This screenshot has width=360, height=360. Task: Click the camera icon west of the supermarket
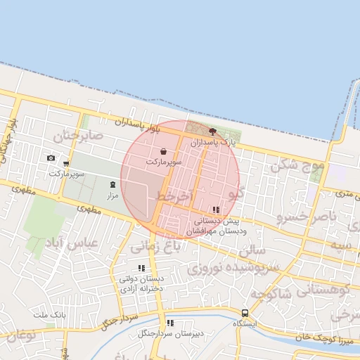click(51, 157)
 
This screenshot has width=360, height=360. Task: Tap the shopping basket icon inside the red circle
click(164, 151)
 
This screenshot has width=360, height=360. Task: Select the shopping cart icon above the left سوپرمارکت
click(66, 164)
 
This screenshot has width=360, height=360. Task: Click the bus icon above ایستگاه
click(245, 313)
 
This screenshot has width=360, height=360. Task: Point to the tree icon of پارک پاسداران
click(212, 131)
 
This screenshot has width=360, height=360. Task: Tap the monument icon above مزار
click(112, 185)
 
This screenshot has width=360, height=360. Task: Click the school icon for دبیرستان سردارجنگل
click(169, 323)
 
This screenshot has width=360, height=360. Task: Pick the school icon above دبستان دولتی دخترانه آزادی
click(141, 268)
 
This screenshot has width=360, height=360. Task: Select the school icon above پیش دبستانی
click(215, 210)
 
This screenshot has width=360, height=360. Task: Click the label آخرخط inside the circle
click(175, 196)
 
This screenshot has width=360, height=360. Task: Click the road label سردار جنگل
click(118, 320)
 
